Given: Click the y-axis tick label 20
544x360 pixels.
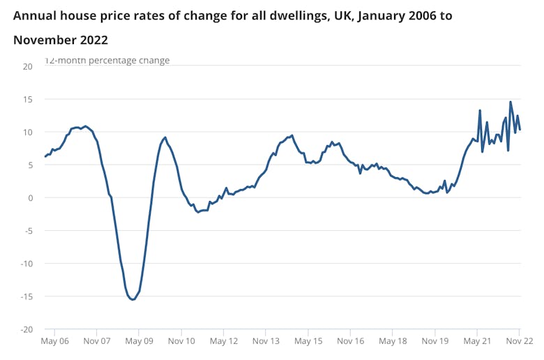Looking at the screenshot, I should pyautogui.click(x=27, y=66).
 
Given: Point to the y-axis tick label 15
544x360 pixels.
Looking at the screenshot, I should pyautogui.click(x=27, y=99).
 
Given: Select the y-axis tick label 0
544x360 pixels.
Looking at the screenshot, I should pyautogui.click(x=30, y=197).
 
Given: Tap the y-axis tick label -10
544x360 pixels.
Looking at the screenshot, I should pyautogui.click(x=26, y=263).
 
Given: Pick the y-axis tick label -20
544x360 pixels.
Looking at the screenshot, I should pyautogui.click(x=26, y=329).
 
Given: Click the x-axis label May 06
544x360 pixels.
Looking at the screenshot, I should pyautogui.click(x=54, y=342).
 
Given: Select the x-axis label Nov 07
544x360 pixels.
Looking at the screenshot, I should pyautogui.click(x=97, y=342).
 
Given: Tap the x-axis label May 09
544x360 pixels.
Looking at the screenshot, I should pyautogui.click(x=139, y=342).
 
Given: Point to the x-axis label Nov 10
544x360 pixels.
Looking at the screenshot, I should pyautogui.click(x=181, y=342).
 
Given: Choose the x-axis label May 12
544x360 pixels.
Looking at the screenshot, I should pyautogui.click(x=224, y=342).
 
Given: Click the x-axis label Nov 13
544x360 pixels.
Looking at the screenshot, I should pyautogui.click(x=266, y=342).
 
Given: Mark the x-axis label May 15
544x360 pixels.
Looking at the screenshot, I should pyautogui.click(x=308, y=342).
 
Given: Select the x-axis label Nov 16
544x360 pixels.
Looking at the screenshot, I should pyautogui.click(x=351, y=342).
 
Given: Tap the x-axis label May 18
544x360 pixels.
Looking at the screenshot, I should pyautogui.click(x=393, y=342).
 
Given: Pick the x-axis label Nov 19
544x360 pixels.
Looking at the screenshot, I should pyautogui.click(x=435, y=342).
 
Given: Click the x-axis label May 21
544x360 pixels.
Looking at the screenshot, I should pyautogui.click(x=478, y=342).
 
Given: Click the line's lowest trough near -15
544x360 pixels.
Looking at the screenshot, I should pyautogui.click(x=132, y=299).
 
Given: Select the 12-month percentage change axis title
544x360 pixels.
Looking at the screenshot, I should pyautogui.click(x=107, y=61).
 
